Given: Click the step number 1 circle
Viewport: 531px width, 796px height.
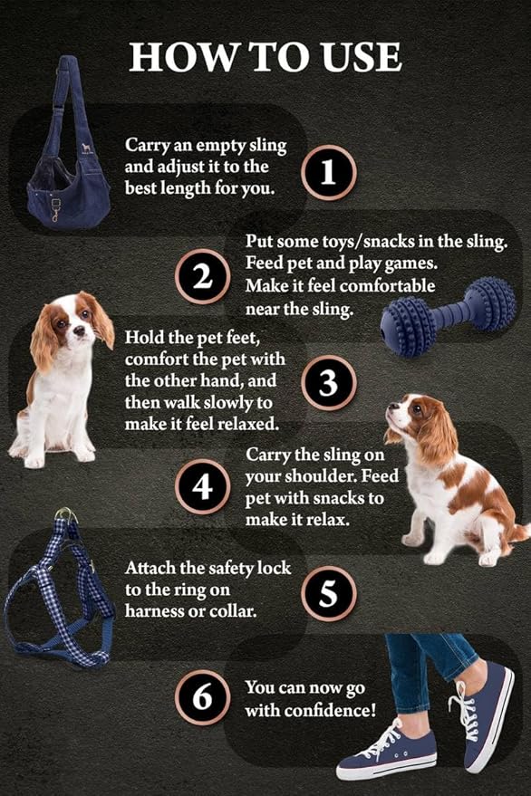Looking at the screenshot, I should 329,172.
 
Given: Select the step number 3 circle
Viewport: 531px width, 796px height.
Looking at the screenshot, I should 329,382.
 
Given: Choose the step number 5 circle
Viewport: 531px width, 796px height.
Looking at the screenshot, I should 329,593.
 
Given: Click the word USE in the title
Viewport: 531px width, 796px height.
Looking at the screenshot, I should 354,56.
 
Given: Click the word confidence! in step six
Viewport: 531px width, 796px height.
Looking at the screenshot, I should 330,710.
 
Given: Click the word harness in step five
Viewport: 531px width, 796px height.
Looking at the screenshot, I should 153,611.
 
